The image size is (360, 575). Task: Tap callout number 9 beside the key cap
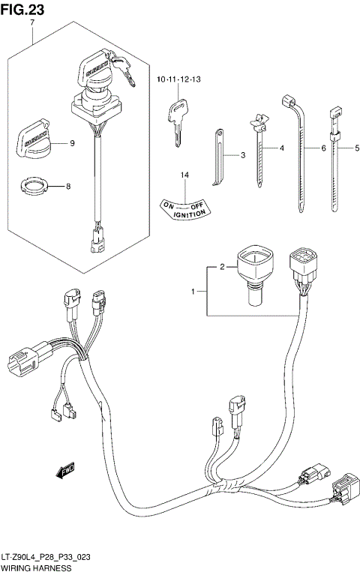pyautogui.click(x=72, y=143)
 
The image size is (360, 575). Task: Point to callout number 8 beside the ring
pyautogui.click(x=69, y=185)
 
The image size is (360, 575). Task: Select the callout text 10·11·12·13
pyautogui.click(x=178, y=79)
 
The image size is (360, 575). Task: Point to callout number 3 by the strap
pyautogui.click(x=243, y=155)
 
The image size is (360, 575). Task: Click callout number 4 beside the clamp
pyautogui.click(x=282, y=148)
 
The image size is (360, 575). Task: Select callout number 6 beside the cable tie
pyautogui.click(x=323, y=148)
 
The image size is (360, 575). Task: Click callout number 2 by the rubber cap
pyautogui.click(x=223, y=266)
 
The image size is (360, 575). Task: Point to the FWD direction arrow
pyautogui.click(x=65, y=470)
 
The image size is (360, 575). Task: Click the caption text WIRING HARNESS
pyautogui.click(x=37, y=570)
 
